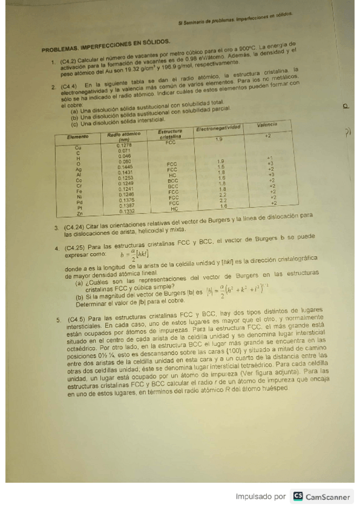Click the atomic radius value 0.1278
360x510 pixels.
tap(124, 146)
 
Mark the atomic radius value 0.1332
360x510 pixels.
tap(127, 212)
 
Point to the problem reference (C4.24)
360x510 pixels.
tap(76, 228)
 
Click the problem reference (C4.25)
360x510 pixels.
tap(76, 248)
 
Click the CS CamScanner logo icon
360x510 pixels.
tap(297, 496)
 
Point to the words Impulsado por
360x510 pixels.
tap(260, 497)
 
